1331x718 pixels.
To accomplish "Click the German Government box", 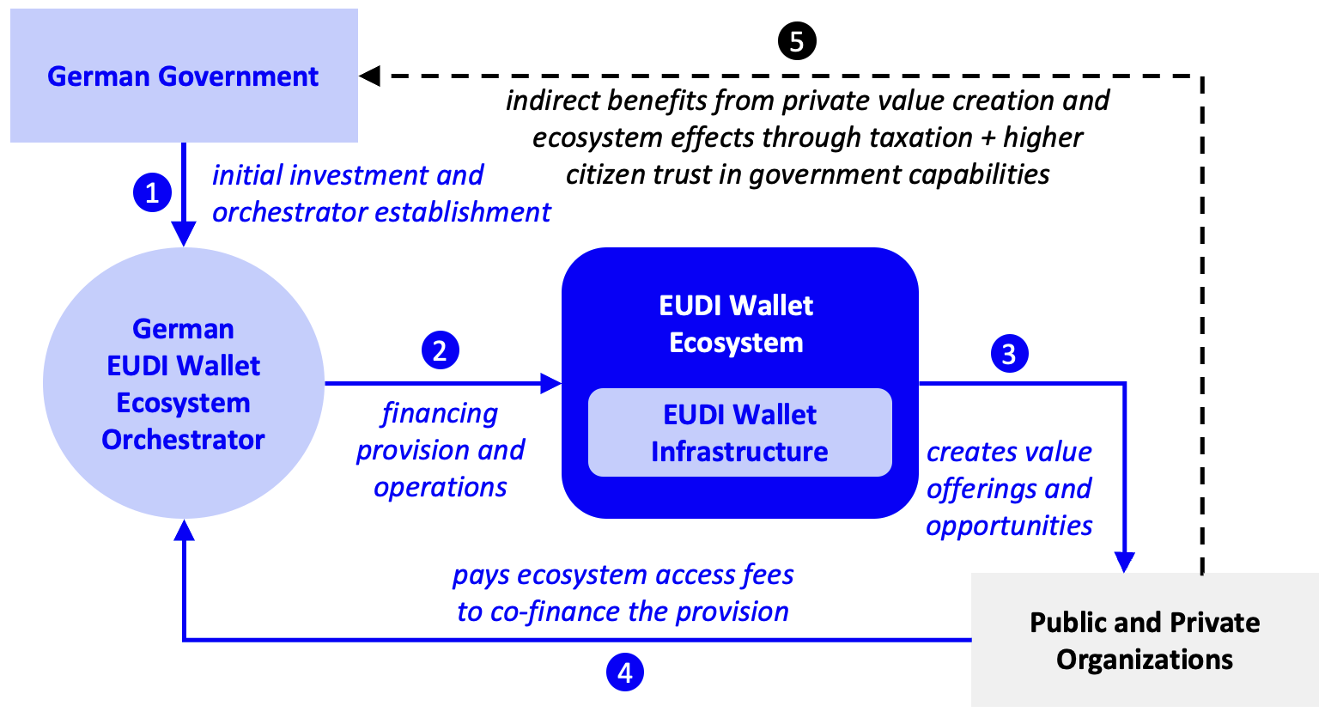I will pos(184,76).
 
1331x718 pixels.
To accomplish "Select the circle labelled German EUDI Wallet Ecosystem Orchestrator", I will pos(184,383).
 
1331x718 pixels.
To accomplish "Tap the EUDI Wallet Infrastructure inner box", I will pos(739,433).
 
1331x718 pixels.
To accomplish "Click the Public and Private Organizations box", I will pos(1145,641).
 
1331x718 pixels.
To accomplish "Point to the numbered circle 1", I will pos(152,192).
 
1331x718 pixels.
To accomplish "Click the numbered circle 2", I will pos(441,350).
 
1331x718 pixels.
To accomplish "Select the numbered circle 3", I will pos(1009,354).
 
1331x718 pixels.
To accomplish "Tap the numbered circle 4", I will pos(624,672).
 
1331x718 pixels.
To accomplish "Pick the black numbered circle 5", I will pos(796,41).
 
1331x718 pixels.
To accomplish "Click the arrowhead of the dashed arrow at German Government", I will pos(370,76).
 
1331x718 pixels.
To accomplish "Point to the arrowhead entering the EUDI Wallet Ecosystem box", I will pos(550,383).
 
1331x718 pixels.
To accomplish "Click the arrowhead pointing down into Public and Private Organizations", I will pos(1124,562).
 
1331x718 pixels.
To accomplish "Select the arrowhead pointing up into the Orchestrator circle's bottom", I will pos(184,530).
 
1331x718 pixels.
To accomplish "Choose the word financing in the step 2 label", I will pos(440,413).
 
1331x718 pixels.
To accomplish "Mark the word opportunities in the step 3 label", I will pos(1009,525).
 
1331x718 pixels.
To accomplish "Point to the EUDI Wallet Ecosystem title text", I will pos(737,324).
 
